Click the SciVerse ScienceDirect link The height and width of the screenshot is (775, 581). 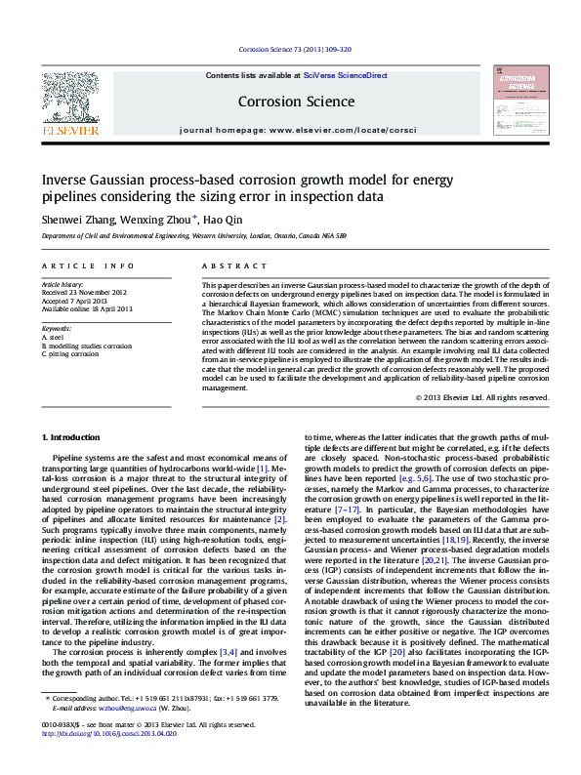[345, 75]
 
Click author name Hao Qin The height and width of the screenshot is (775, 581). [223, 219]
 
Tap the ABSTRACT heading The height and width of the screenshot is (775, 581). [228, 266]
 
